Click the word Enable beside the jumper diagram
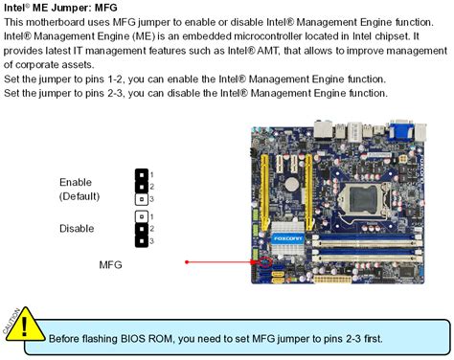pyautogui.click(x=76, y=182)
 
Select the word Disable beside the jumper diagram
pyautogui.click(x=77, y=229)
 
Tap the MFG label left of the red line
pyautogui.click(x=111, y=262)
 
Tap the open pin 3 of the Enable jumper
pyautogui.click(x=140, y=199)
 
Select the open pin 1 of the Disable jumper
pyautogui.click(x=140, y=216)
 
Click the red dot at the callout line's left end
pyautogui.click(x=187, y=261)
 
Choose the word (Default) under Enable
pyautogui.click(x=79, y=196)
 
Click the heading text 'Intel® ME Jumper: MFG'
pyautogui.click(x=64, y=7)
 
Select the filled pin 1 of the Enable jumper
pyautogui.click(x=140, y=175)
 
